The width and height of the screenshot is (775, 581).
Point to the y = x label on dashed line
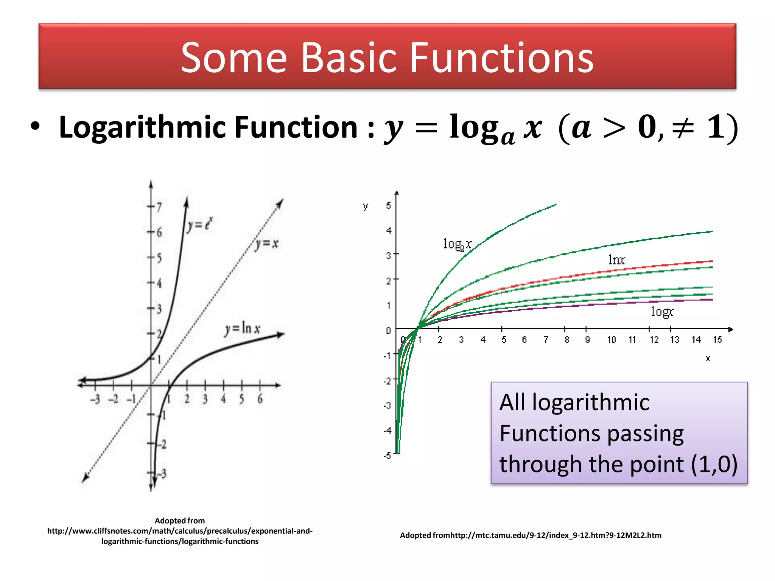click(x=266, y=244)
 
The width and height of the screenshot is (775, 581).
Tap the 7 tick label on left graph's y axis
click(x=159, y=207)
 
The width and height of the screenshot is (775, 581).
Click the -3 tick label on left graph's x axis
click(x=95, y=399)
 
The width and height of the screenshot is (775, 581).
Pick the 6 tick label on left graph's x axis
click(x=260, y=399)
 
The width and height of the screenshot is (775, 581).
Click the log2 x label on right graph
click(x=457, y=244)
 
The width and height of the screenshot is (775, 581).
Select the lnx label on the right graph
click(x=616, y=260)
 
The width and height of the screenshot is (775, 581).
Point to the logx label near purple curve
click(x=662, y=312)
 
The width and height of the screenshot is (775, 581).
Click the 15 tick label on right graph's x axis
click(x=717, y=340)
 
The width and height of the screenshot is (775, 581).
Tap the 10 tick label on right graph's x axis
click(x=612, y=340)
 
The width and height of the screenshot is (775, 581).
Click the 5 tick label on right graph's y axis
click(x=388, y=205)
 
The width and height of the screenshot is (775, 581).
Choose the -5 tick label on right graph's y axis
click(x=387, y=456)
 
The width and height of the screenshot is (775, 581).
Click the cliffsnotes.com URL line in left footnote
click(x=180, y=531)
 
